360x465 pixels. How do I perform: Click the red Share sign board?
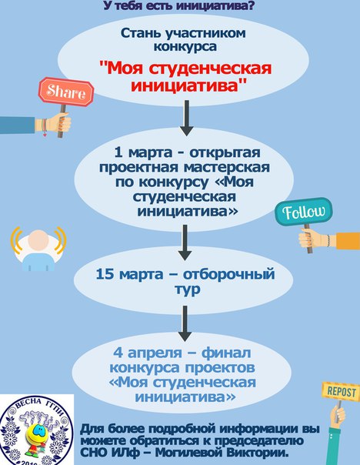[66, 92]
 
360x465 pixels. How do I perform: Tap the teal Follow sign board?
[304, 212]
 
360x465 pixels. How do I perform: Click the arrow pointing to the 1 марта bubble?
[187, 118]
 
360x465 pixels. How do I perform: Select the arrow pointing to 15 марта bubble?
[185, 243]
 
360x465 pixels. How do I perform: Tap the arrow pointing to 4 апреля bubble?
[185, 324]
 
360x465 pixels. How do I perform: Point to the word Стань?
[140, 33]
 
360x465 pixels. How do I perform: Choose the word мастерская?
[227, 167]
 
